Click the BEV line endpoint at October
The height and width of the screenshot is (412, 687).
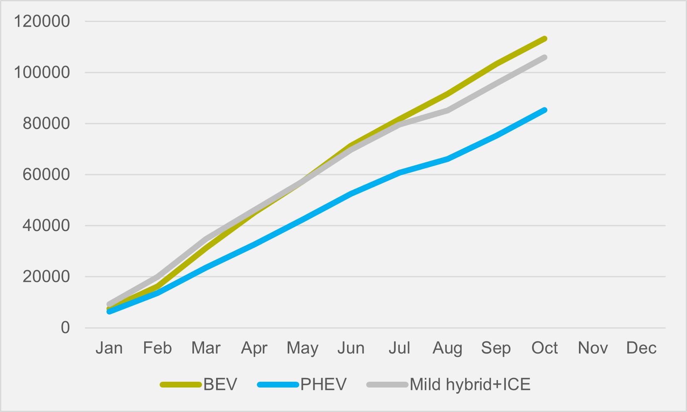(544, 39)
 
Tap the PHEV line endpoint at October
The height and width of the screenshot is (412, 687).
(544, 110)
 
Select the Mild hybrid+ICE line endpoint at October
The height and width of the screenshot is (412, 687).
(544, 57)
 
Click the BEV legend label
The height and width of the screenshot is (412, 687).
(220, 385)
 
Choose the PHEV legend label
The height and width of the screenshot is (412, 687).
(323, 385)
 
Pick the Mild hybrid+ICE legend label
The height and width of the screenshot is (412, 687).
(470, 385)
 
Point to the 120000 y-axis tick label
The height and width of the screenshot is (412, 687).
(42, 21)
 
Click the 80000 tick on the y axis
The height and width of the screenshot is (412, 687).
(47, 123)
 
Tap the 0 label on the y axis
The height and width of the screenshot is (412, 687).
(65, 328)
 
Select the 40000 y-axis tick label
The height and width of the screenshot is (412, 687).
(47, 226)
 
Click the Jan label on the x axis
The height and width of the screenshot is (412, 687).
(109, 348)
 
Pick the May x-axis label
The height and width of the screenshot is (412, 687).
(303, 348)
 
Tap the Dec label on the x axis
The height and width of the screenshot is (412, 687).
(641, 348)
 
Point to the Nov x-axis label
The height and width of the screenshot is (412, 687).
(593, 348)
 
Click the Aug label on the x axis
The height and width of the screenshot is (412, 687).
(448, 348)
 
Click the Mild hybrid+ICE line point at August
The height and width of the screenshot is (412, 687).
(448, 110)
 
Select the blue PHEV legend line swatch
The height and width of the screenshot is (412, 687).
(278, 385)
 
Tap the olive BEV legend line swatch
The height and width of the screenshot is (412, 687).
(181, 385)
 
